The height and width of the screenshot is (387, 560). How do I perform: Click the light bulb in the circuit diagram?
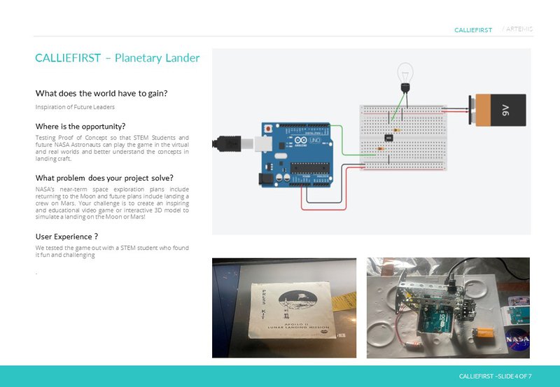pos(404,73)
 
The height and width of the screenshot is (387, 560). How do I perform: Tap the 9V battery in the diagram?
pos(498,111)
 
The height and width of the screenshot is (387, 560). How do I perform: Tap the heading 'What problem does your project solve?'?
pos(104,177)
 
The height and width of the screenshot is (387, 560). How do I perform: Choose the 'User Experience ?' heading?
pos(66,237)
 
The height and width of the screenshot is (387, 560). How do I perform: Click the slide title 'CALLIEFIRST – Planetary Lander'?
pos(117,58)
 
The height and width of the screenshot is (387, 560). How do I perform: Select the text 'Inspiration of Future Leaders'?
pos(75,106)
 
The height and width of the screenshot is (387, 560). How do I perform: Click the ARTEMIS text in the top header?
pos(519,29)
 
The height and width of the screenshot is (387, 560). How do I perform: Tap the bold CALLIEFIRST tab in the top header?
pos(473,30)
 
